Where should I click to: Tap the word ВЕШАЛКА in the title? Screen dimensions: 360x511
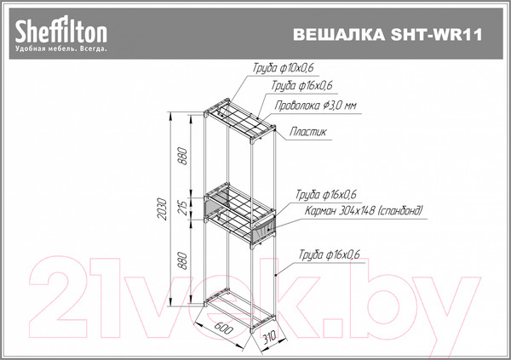pos(336,35)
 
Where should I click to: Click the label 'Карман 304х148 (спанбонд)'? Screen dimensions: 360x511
pos(359,210)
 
